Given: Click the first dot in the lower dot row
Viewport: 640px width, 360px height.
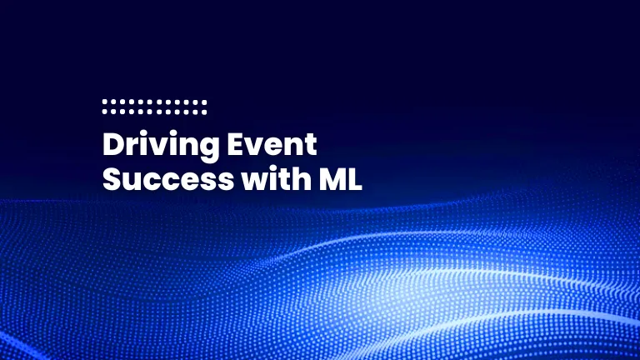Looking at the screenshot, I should (105, 110).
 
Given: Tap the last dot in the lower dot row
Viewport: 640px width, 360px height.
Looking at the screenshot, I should (204, 110).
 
